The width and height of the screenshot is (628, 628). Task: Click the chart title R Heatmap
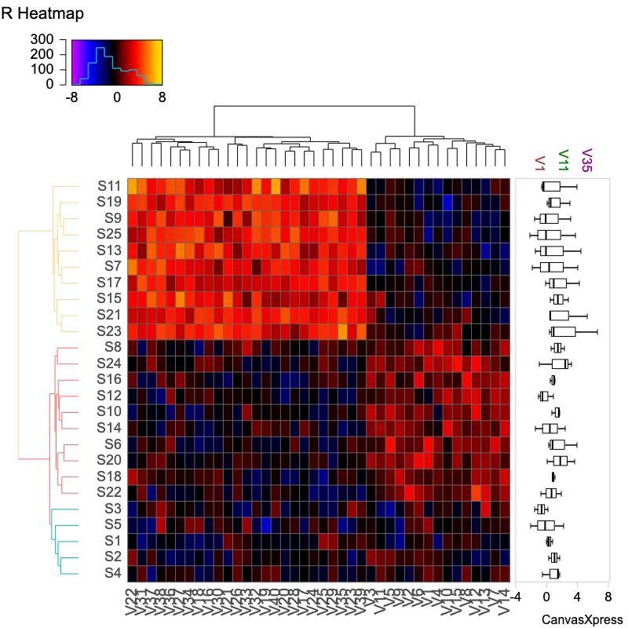pos(42,14)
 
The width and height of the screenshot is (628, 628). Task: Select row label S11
pos(109,186)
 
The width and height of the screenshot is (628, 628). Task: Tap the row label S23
pos(109,331)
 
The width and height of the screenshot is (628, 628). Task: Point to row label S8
pos(113,347)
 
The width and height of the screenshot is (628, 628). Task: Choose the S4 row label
pos(113,573)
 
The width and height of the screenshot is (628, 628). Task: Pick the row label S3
pos(113,509)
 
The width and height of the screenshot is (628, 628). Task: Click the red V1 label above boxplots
pos(539,163)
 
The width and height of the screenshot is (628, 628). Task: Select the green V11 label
pos(563,161)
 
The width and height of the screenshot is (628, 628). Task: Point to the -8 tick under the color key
pos(71,98)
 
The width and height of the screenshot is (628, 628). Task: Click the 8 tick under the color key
pos(162,98)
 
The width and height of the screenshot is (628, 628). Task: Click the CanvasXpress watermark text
pos(582,619)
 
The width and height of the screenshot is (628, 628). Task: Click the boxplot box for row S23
pos(564,331)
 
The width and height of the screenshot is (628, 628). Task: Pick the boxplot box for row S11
pos(552,186)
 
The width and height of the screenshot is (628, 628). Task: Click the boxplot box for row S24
pos(560,363)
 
